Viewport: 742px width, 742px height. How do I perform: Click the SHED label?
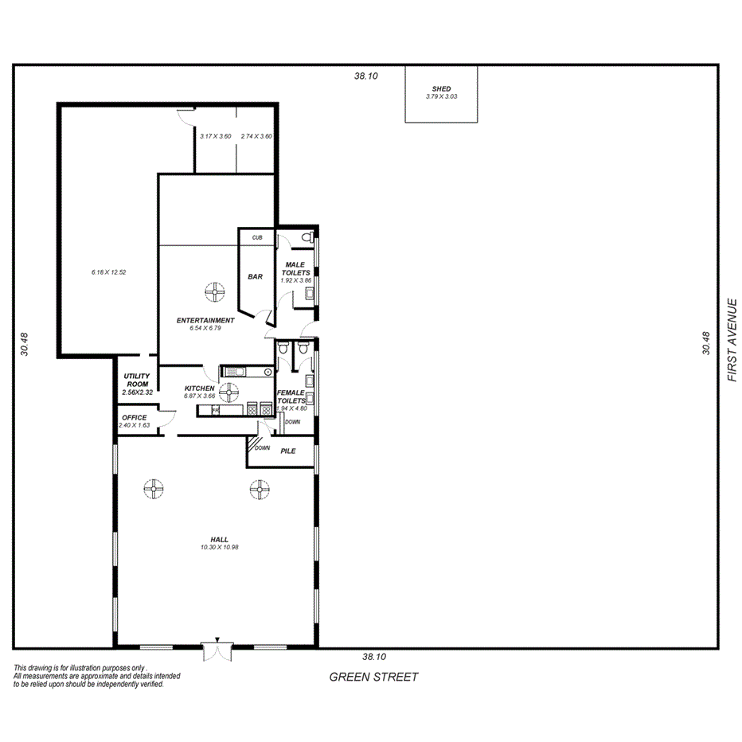(x=441, y=89)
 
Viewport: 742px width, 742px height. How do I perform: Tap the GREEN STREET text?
(x=373, y=677)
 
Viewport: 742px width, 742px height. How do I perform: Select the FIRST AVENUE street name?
(x=732, y=340)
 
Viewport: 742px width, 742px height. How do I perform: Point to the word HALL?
(x=220, y=540)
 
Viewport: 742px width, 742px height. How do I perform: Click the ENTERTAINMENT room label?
(x=205, y=320)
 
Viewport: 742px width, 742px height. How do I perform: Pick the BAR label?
(x=256, y=277)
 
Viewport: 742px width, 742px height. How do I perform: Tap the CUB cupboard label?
(x=257, y=237)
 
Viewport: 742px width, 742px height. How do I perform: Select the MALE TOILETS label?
(x=295, y=268)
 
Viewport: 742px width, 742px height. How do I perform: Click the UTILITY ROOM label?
(x=137, y=381)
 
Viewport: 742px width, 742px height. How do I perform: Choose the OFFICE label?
(x=134, y=417)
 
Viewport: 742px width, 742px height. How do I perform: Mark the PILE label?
(x=288, y=451)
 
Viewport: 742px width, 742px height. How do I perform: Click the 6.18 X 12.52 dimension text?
(x=109, y=272)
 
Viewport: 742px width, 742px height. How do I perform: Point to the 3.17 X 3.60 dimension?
(x=215, y=136)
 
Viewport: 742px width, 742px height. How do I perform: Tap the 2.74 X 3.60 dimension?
(x=256, y=136)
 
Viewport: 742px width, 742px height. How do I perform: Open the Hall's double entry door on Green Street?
(x=217, y=651)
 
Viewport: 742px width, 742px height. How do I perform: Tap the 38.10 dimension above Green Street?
(x=373, y=657)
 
